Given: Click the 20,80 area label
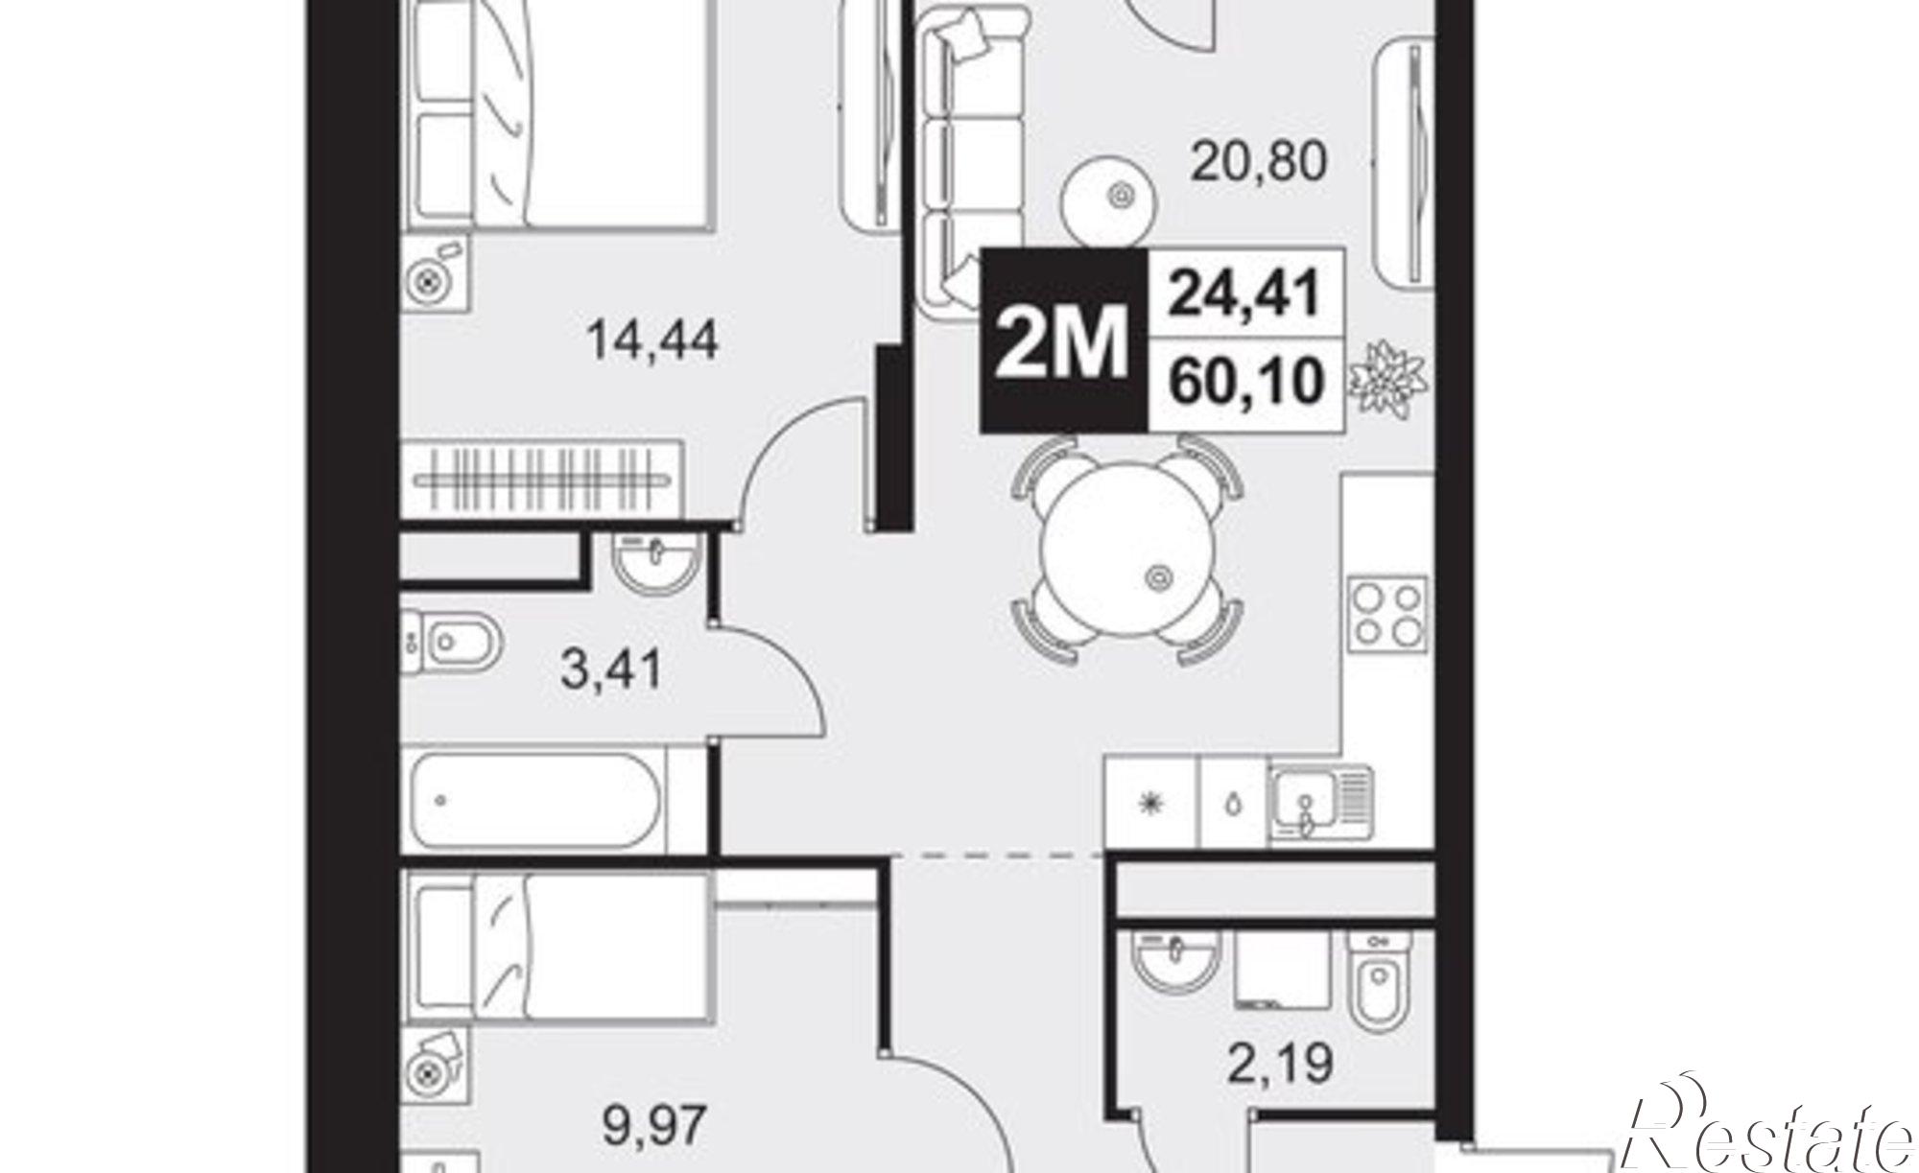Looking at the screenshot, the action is [x=1259, y=161].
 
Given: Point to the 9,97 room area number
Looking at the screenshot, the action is [x=655, y=1125].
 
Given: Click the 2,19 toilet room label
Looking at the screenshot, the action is [x=1280, y=1063].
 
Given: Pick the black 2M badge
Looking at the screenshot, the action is [x=1063, y=339].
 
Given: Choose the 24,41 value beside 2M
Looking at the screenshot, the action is [x=1244, y=293].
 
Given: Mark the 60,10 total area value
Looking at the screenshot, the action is [x=1244, y=382].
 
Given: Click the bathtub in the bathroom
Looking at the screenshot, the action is [x=536, y=799].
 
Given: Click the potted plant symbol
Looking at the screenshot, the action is [x=1387, y=377].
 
